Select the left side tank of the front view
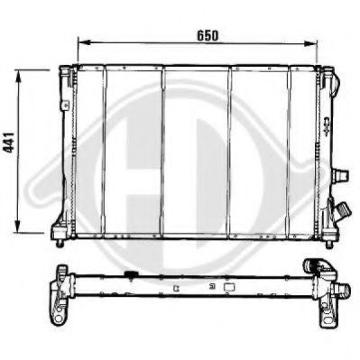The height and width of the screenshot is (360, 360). pos(65,149)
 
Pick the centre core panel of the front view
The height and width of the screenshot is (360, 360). pos(196,149)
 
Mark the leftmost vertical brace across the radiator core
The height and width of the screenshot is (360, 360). pos(105,149)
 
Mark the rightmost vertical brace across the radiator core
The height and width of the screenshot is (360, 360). pos(291,149)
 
